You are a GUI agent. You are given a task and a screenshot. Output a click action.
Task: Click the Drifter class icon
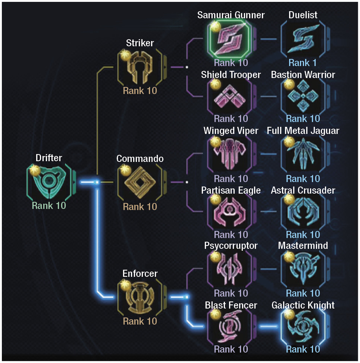(49, 182)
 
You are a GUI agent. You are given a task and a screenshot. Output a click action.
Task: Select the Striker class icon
(140, 67)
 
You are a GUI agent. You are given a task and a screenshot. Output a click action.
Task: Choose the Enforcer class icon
(140, 297)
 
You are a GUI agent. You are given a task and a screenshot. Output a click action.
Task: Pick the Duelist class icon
(303, 39)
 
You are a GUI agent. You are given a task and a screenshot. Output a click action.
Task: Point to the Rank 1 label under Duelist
(303, 63)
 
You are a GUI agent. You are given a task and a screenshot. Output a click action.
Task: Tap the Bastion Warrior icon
(303, 97)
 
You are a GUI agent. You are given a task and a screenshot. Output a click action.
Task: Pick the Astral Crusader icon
(303, 212)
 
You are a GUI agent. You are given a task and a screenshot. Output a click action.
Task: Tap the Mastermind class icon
(303, 269)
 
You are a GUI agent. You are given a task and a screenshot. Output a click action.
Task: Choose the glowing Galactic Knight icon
(303, 326)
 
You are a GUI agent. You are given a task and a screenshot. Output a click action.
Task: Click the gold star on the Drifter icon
(35, 170)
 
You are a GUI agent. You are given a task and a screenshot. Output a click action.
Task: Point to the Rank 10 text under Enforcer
(140, 321)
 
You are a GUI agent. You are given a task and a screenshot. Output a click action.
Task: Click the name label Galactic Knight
(303, 305)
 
